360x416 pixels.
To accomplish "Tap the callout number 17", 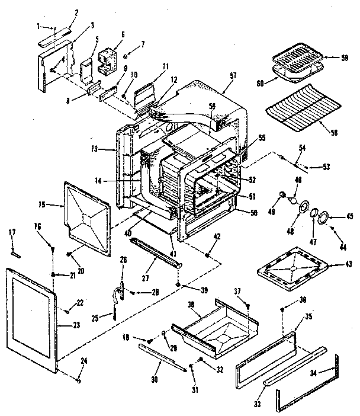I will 14,232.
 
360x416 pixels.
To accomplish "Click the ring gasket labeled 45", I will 324,219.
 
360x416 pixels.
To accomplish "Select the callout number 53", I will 327,167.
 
